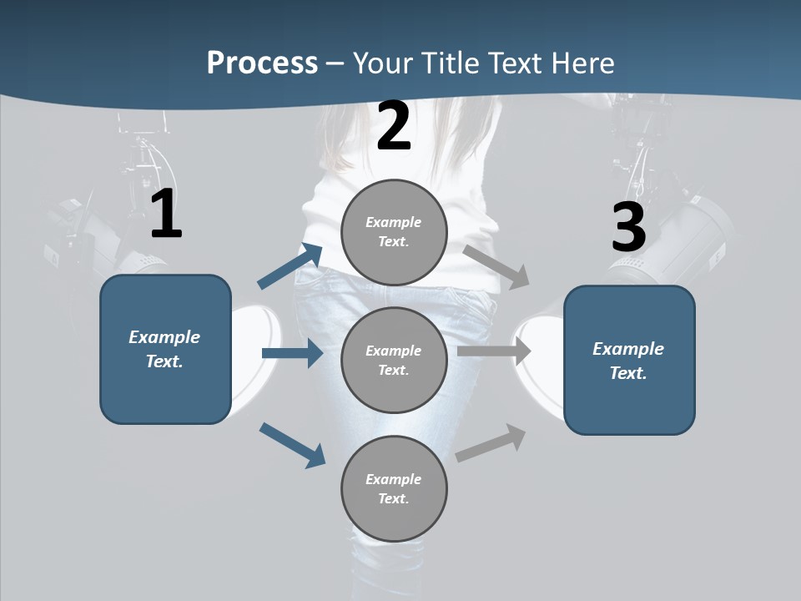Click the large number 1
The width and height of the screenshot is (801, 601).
point(166,215)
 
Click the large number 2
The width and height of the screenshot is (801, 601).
point(394,127)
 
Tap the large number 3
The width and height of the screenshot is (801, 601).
point(628,228)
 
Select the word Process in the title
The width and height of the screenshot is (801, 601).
point(262,63)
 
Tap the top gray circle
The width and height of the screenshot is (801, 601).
point(394,232)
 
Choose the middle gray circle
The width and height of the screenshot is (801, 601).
point(394,361)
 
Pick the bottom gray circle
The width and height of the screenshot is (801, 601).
point(394,489)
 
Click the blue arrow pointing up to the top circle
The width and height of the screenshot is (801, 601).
point(290,266)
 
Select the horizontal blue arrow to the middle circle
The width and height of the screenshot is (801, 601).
point(292,353)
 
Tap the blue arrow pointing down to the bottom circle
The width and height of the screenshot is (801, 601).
point(292,444)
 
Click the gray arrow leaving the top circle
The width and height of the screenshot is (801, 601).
point(496,265)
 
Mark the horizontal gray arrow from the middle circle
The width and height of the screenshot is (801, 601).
point(494,351)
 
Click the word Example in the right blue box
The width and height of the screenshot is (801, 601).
point(628,349)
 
